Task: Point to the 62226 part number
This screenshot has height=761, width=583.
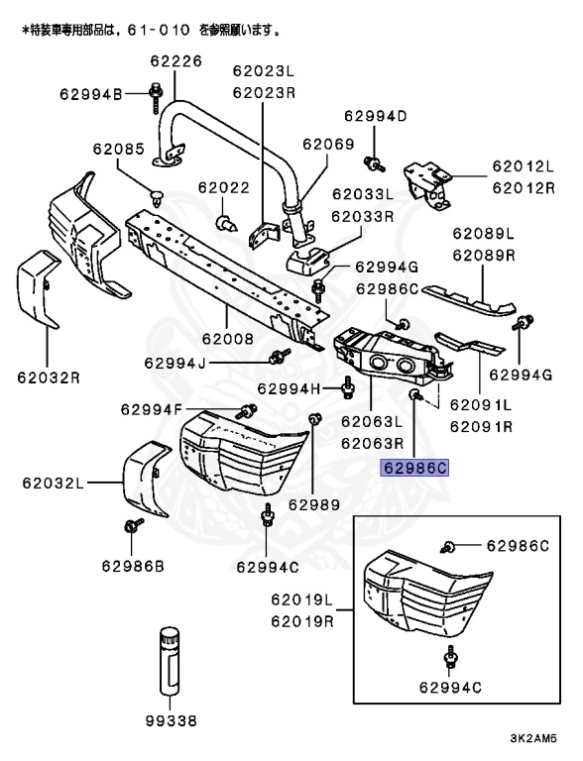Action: point(175,61)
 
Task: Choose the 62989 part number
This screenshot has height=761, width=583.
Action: point(314,504)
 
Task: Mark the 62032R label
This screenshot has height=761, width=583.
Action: point(48,377)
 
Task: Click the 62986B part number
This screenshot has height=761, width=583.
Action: point(133,566)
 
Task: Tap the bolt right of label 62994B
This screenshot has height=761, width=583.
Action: point(157,94)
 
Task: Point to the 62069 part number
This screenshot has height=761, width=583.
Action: point(328,144)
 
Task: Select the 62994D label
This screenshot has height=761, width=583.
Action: point(376,116)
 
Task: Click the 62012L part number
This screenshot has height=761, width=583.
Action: point(523,166)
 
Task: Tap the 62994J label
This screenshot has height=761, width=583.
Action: point(175,363)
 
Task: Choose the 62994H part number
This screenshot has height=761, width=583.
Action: point(291,387)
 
